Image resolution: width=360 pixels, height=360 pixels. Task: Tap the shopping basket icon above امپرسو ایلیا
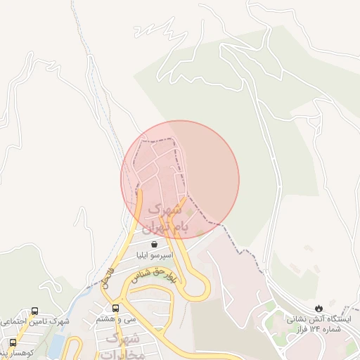click(x=155, y=244)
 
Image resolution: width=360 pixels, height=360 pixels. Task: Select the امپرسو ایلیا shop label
click(x=155, y=257)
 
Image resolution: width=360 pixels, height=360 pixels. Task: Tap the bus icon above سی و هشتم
click(x=115, y=308)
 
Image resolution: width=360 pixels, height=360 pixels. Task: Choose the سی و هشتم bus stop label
click(x=117, y=320)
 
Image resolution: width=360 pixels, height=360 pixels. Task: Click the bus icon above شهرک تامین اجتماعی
click(x=35, y=311)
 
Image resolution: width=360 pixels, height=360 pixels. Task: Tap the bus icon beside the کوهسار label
click(x=13, y=342)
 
